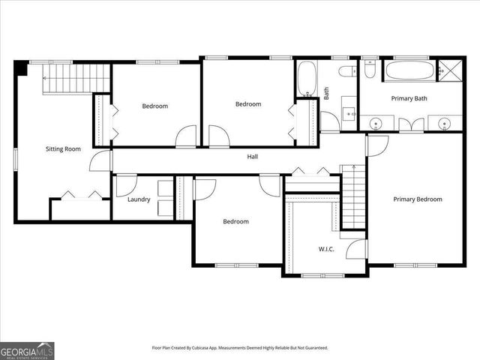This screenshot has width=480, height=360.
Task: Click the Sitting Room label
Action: point(63,148)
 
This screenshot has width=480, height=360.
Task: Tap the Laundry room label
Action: point(139,199)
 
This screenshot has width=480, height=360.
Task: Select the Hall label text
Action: point(253,157)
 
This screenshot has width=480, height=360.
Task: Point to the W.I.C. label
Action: point(326,249)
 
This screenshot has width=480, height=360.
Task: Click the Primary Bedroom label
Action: point(418,199)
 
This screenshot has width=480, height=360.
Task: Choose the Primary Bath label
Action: point(409,98)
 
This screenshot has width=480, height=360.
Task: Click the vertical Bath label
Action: point(326,93)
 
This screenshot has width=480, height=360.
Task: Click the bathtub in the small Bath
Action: point(306,78)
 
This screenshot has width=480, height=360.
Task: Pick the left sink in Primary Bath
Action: point(376,122)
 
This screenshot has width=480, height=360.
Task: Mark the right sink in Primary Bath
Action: point(445,122)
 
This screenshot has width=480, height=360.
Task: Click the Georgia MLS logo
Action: point(27,350)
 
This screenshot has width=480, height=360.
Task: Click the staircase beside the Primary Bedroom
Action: point(353,196)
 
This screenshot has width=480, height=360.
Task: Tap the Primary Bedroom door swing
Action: point(376,145)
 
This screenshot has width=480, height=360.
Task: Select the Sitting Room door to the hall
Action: point(100,161)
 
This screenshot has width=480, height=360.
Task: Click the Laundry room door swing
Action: point(126,184)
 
